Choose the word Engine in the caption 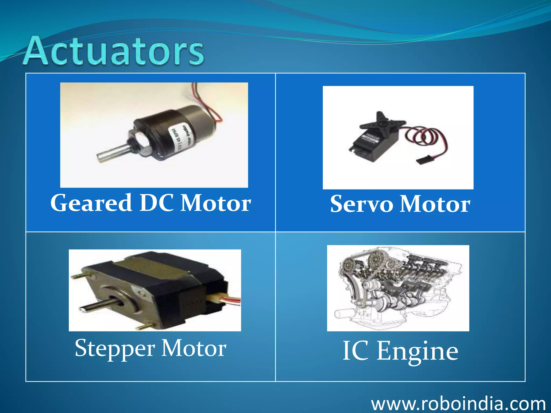417,351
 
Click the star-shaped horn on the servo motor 382,122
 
